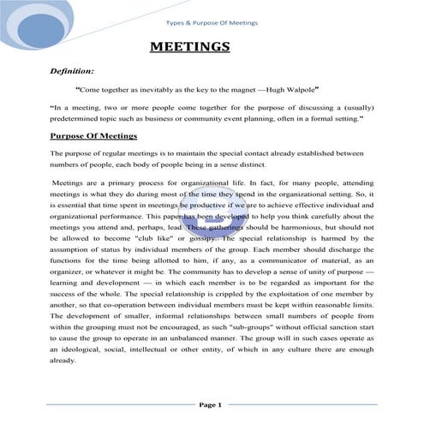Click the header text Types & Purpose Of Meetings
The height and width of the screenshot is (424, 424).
pyautogui.click(x=212, y=22)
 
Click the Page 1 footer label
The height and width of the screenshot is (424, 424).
pyautogui.click(x=211, y=404)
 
